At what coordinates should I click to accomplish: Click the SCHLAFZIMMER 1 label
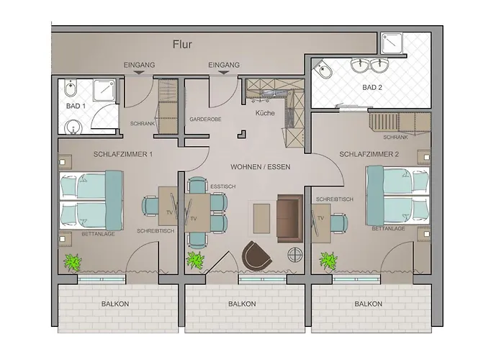[x=122, y=154]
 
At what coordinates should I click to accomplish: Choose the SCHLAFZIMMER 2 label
[x=368, y=154]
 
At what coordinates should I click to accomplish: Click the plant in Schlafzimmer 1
[x=72, y=261]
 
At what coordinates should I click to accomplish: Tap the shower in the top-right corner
[x=394, y=45]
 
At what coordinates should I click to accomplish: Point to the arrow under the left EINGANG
[x=140, y=73]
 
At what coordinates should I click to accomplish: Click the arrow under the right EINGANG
[x=224, y=73]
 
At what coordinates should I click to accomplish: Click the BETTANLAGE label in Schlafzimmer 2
[x=388, y=228]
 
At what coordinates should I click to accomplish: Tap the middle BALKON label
[x=243, y=305]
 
